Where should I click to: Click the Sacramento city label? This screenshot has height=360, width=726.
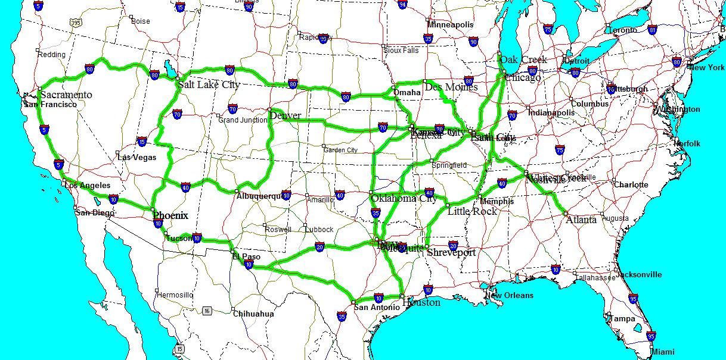coord(66,95)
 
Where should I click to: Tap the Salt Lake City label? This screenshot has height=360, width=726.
coord(209,84)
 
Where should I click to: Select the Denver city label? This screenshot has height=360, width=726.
coord(285,115)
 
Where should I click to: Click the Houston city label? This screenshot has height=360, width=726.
coord(421,302)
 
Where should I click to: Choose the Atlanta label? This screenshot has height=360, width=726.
coord(581,220)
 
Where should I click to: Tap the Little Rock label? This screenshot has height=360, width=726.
coord(472,211)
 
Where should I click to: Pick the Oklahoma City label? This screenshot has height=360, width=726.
coord(404,199)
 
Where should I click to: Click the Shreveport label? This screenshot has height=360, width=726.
coord(451,252)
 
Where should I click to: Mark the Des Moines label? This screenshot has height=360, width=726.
coord(451,87)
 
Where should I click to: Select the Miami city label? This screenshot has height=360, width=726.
coord(663,352)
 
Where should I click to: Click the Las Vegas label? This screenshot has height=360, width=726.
coord(136,158)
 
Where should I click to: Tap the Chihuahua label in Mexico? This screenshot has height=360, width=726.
coord(253,314)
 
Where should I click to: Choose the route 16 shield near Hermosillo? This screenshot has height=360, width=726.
coord(207,311)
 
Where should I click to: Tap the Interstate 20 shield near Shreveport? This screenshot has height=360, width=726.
coord(453,245)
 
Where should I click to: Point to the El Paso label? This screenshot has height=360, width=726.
coord(247,257)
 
